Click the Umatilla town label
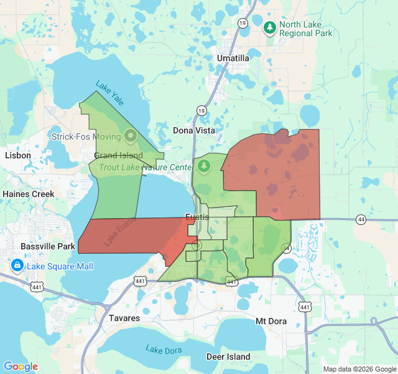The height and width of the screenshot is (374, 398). (233, 58)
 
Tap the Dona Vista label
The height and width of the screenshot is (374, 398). (193, 130)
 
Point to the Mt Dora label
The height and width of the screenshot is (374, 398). (273, 321)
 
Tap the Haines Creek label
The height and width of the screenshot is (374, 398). (28, 194)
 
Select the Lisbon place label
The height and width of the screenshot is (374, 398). (17, 155)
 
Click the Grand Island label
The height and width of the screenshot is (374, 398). (118, 155)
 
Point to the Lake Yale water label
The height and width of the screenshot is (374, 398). (110, 92)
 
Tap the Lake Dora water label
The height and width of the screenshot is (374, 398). (164, 350)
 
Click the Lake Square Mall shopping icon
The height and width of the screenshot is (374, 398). (17, 266)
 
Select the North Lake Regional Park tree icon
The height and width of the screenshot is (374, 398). (270, 27)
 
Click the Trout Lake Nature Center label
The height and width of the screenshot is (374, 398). (147, 167)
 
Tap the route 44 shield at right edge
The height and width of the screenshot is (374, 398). (361, 219)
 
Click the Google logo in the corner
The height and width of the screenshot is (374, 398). (21, 367)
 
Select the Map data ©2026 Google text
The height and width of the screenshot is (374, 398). (359, 369)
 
